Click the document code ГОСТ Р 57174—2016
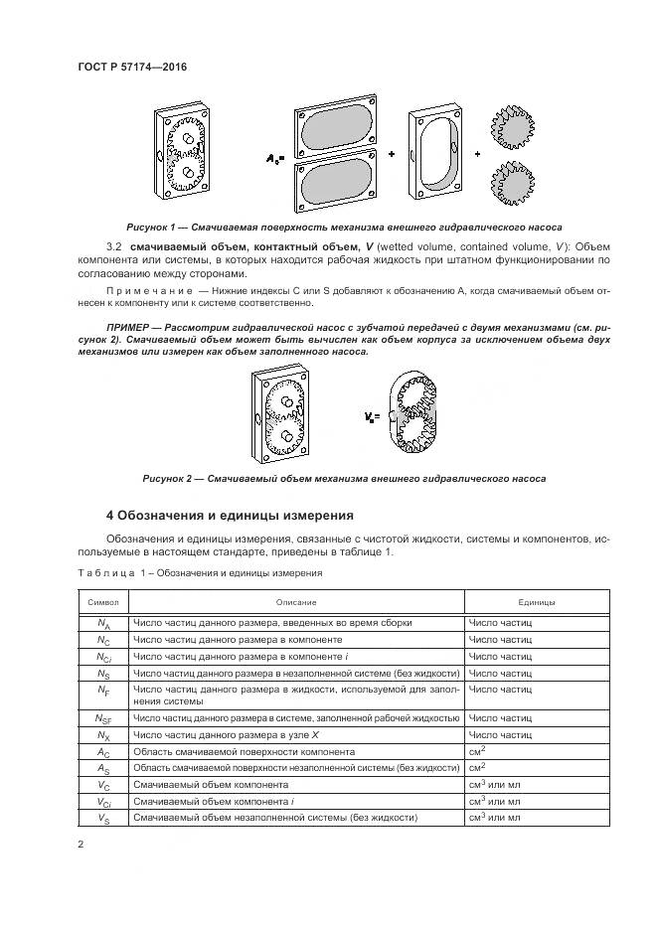click(131, 67)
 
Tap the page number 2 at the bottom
click(81, 845)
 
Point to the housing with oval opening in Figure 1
click(438, 153)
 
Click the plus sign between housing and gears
click(478, 155)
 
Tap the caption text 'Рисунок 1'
click(156, 227)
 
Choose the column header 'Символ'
click(103, 602)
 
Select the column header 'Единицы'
click(536, 602)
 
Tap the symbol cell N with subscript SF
click(103, 717)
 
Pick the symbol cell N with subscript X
click(103, 734)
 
